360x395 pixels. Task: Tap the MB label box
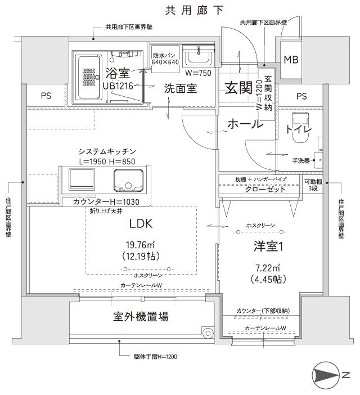point(291,60)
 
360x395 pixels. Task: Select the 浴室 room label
point(118,73)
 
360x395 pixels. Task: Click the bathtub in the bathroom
point(88,77)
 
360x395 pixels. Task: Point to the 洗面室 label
point(180,88)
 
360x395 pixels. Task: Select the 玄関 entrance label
point(238,88)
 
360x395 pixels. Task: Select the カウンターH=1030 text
point(106,202)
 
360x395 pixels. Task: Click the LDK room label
point(141,223)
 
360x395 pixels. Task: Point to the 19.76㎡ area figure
point(141,244)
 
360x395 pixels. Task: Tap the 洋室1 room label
point(266,247)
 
